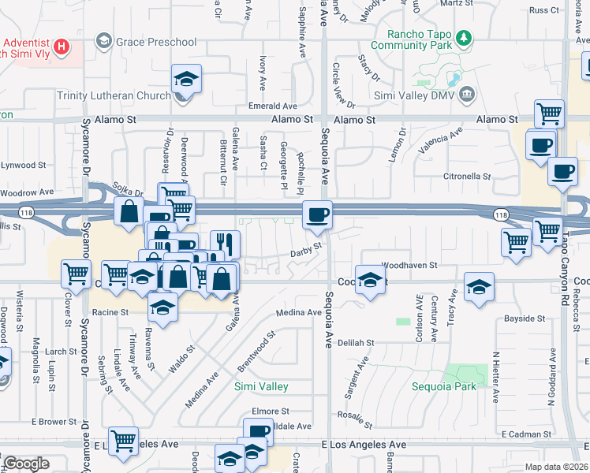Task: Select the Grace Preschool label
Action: point(155,40)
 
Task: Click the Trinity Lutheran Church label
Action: point(114,96)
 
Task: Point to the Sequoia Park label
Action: point(444,387)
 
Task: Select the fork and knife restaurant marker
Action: point(226,244)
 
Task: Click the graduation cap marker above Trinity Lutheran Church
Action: point(186,79)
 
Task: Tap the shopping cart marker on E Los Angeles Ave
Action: point(124,441)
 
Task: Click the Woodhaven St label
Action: point(409,266)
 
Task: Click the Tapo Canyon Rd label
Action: point(565,260)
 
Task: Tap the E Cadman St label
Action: point(525,434)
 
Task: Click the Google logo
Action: point(25,464)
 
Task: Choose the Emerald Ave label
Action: point(273,106)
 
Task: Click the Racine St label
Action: point(111,313)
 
